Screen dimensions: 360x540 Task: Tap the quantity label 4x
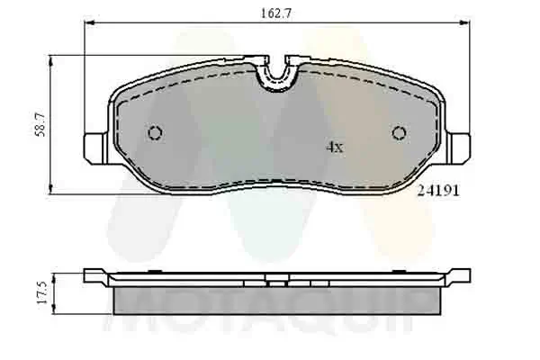334,148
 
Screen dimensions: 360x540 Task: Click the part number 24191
433,190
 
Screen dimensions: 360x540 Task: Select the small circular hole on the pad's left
155,133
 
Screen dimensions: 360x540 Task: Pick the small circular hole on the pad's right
400,133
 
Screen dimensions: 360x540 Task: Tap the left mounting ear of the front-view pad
94,145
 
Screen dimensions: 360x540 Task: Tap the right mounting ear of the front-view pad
460,145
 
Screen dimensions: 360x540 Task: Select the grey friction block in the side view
278,298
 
